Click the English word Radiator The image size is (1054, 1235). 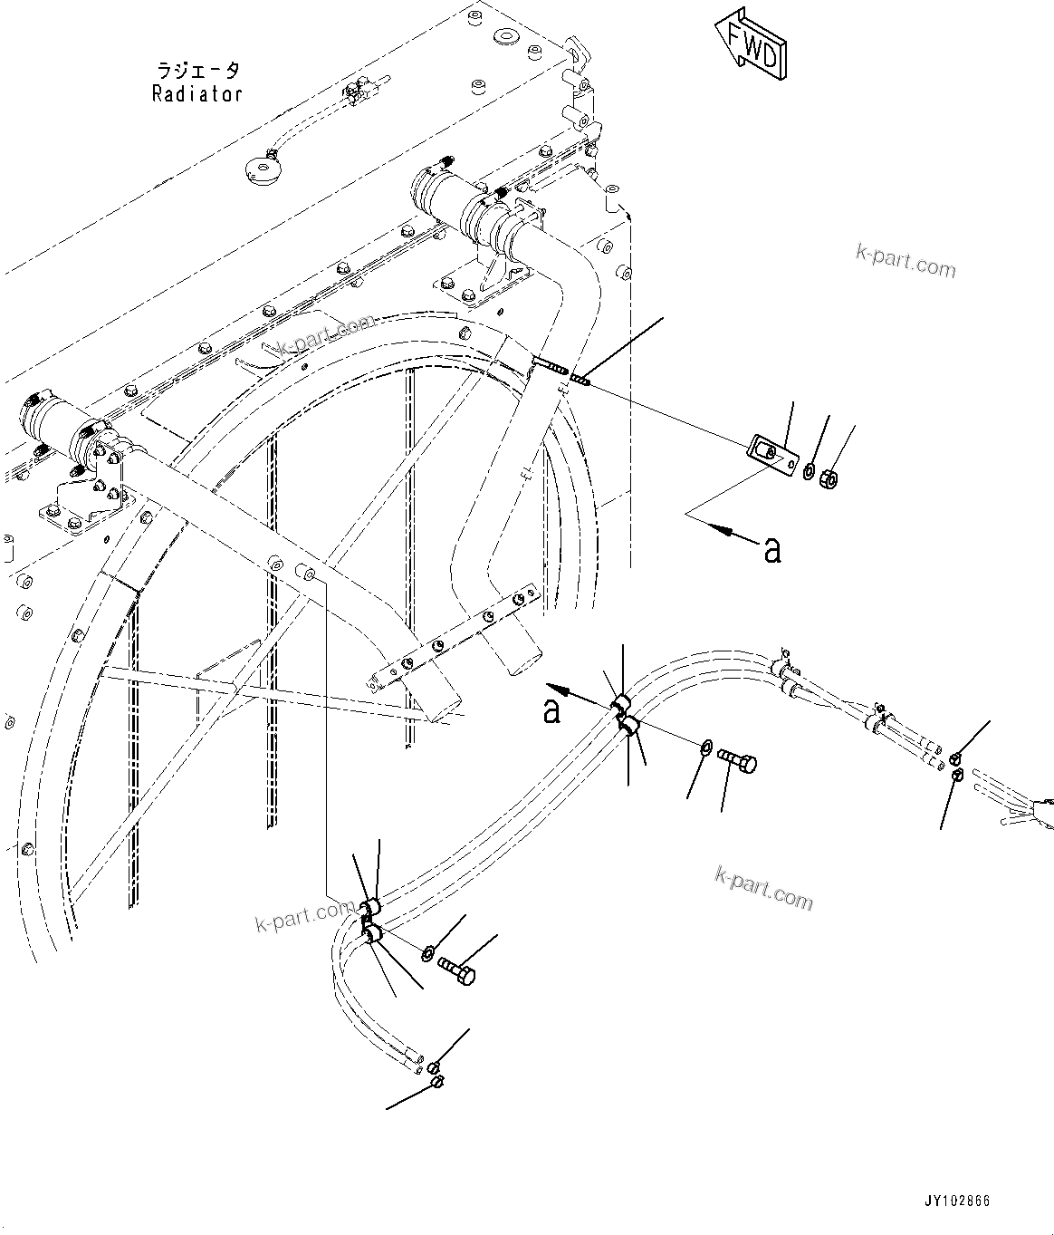click(197, 93)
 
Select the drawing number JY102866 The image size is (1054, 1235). click(957, 1201)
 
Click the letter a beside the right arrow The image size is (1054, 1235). click(771, 549)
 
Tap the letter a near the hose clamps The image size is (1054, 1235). click(551, 710)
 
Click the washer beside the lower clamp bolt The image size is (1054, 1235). click(427, 952)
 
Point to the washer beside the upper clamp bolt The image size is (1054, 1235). click(704, 746)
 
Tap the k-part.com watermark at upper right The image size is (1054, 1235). click(905, 262)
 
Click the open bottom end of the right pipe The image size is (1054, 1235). click(514, 660)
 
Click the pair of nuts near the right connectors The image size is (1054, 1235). click(956, 765)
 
